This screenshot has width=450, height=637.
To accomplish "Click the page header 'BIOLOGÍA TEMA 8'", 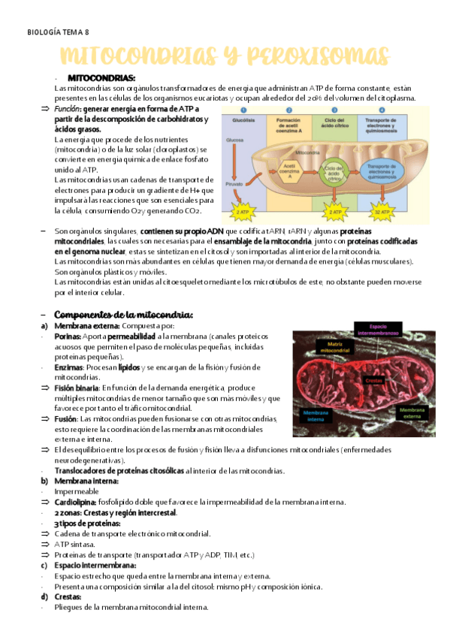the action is [57, 32].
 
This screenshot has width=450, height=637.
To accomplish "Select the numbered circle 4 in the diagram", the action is [382, 110].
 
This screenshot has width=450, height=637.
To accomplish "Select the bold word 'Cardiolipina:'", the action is [77, 501].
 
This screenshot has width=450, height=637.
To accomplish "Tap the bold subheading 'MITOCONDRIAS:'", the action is [101, 78].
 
